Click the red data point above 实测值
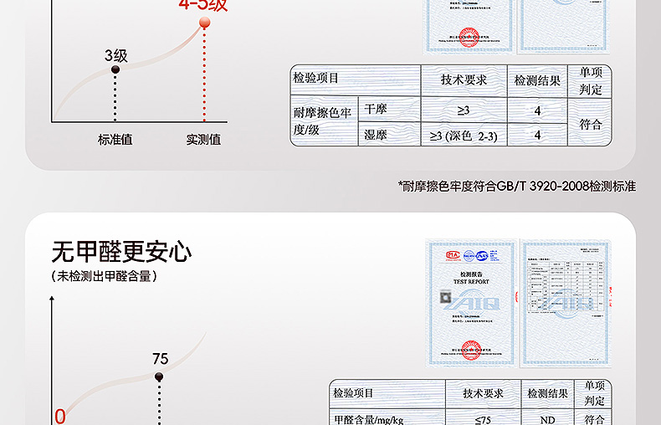[x=204, y=24]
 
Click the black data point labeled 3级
[x=115, y=70]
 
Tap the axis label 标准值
[x=115, y=140]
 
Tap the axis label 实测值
[x=203, y=140]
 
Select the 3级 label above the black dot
[x=116, y=55]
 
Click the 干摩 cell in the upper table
[x=376, y=109]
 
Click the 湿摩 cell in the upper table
[x=376, y=134]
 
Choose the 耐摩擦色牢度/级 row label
[x=323, y=121]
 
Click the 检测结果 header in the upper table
[x=537, y=80]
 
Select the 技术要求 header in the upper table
[x=464, y=80]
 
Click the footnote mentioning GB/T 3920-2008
[x=517, y=186]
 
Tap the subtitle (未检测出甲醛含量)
[x=105, y=275]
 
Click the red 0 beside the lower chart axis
[x=59, y=416]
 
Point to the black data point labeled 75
[x=160, y=376]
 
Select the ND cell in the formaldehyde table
[x=548, y=418]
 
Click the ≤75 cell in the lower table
[x=483, y=418]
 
